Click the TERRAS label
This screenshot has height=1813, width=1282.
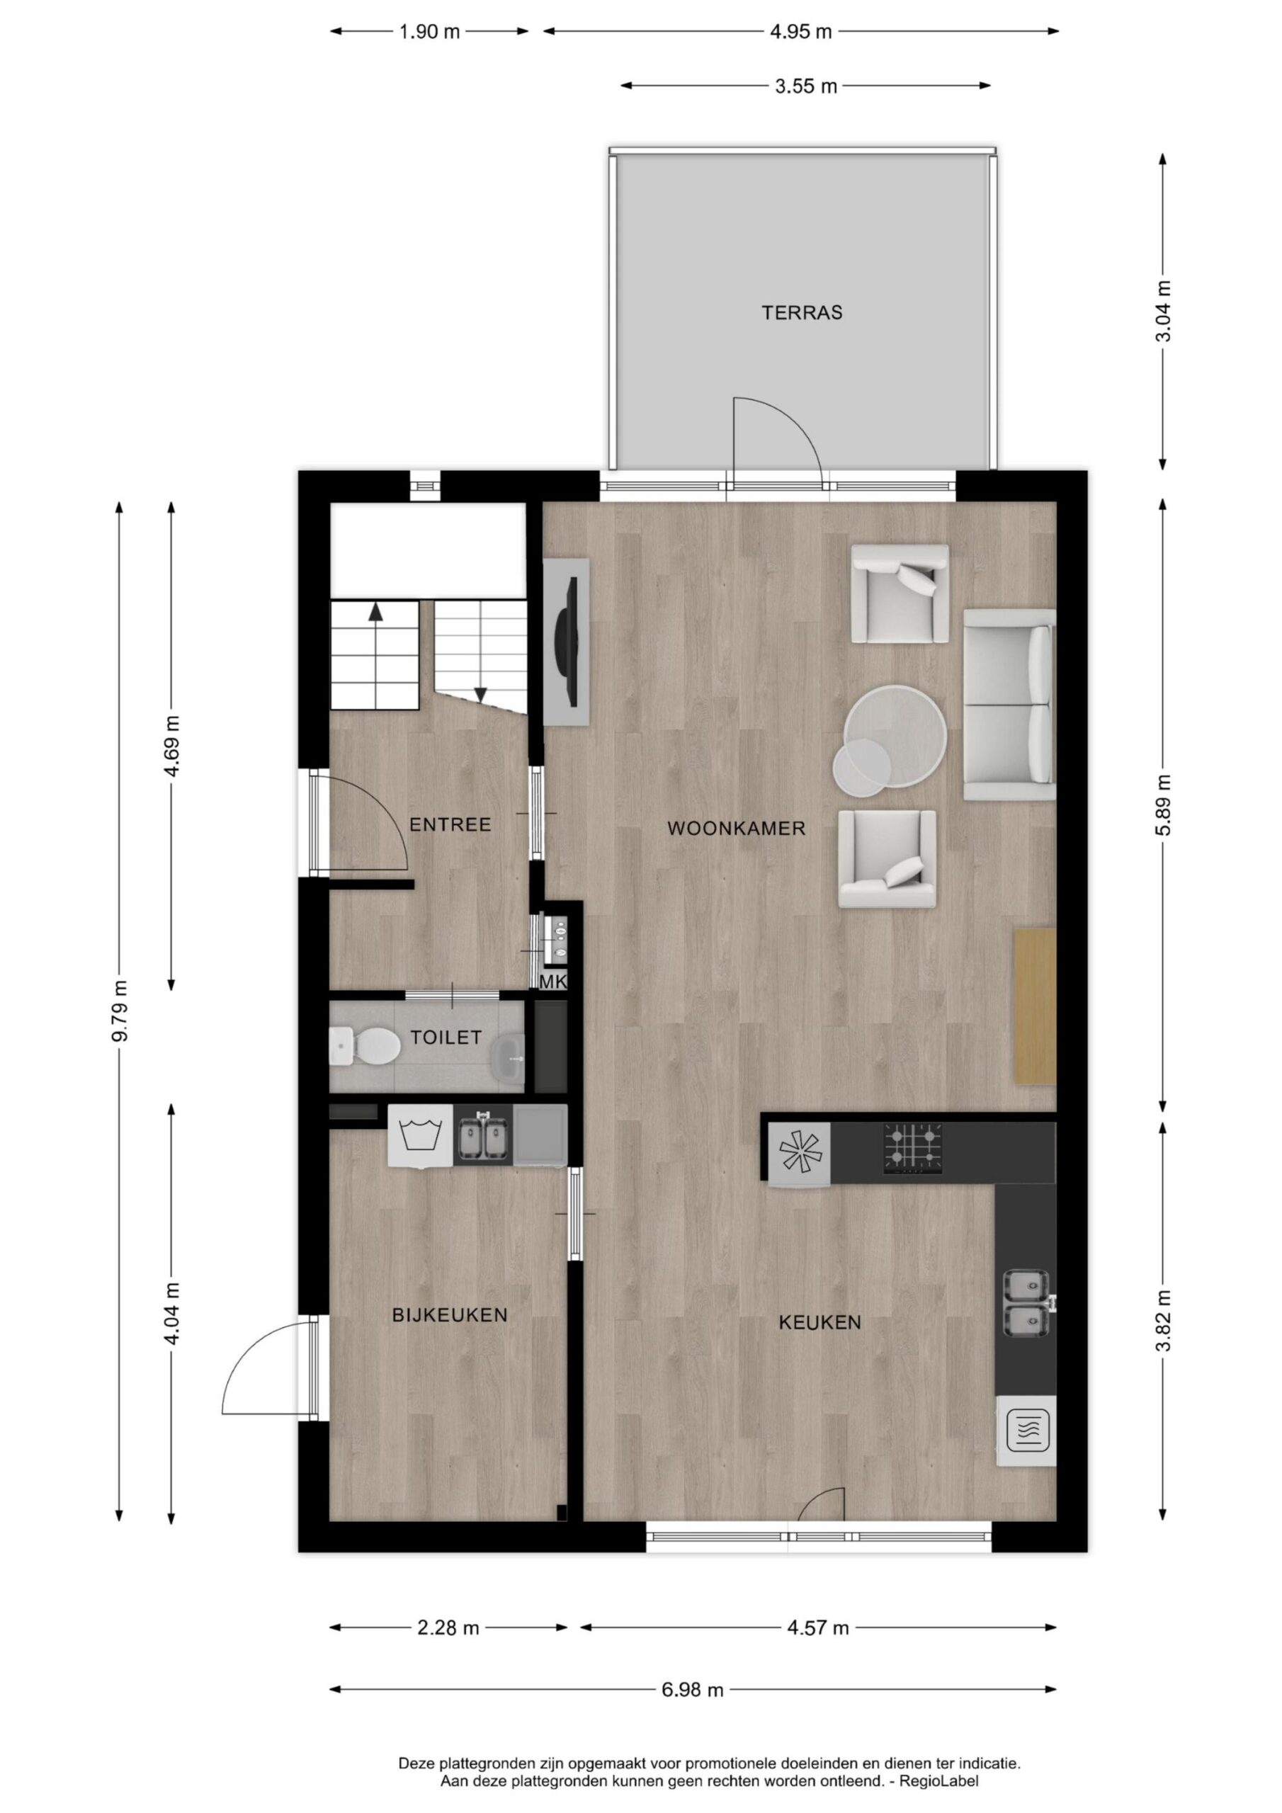click(802, 313)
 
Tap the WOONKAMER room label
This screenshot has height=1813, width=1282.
click(736, 829)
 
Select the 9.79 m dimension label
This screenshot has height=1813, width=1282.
click(120, 1011)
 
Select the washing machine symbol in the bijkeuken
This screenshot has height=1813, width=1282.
click(420, 1135)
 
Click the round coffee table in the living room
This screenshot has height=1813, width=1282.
click(895, 734)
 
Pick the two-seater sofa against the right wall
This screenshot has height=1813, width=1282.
click(1009, 705)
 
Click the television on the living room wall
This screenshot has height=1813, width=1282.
click(568, 642)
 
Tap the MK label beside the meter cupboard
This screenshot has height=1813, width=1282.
click(553, 982)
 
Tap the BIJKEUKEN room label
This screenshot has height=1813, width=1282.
click(450, 1314)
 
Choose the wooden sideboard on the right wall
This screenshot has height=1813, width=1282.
click(1035, 1005)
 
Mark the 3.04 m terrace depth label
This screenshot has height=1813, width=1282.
click(1163, 311)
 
